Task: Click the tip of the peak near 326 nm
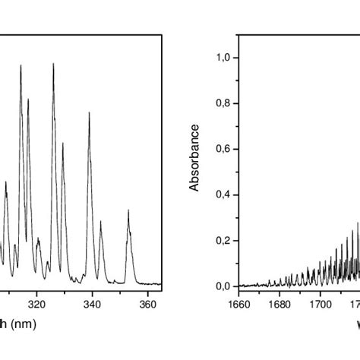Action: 53,64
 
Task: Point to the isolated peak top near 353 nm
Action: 128,210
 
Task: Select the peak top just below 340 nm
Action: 89,114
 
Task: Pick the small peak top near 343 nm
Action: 100,223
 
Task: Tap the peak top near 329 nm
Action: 63,143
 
